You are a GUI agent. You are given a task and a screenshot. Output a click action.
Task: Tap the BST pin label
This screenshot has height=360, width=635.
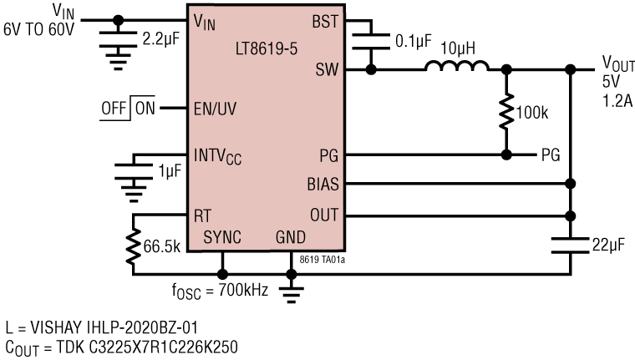click(326, 22)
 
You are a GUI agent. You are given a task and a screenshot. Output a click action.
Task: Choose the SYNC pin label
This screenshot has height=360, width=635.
click(222, 237)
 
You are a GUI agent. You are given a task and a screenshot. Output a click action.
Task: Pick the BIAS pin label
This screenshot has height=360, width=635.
click(323, 184)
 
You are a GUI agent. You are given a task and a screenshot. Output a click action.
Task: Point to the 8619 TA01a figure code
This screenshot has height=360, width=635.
click(323, 260)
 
